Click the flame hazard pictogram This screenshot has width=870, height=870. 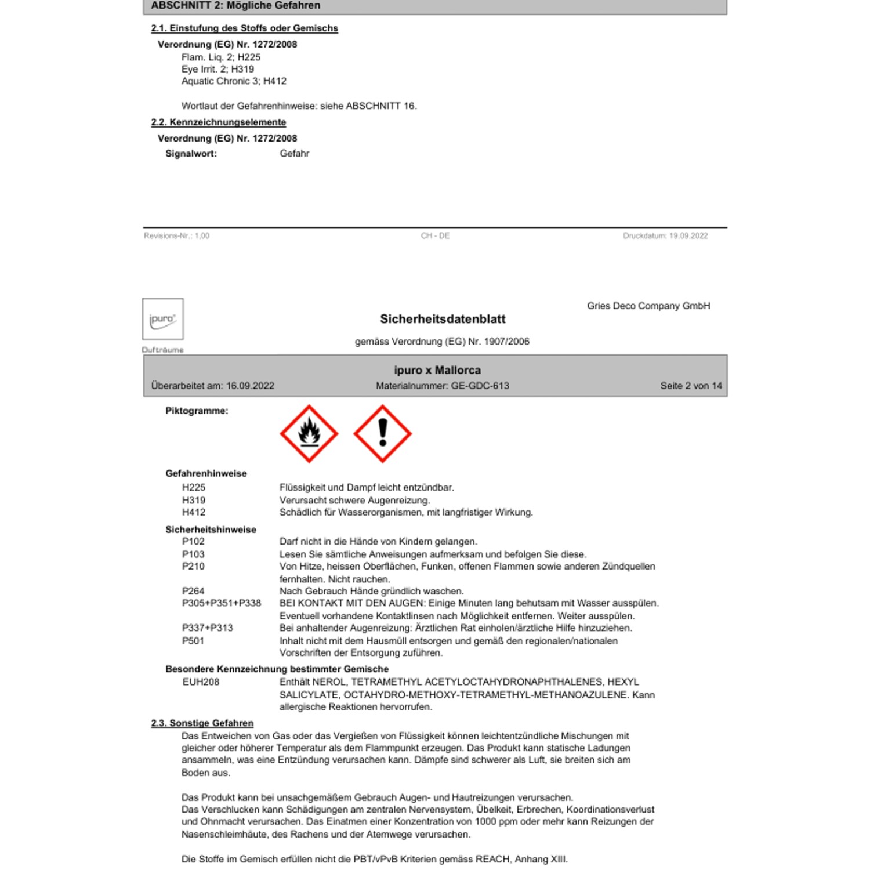(309, 434)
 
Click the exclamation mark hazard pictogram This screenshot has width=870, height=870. (382, 434)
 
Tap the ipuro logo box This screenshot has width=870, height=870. (163, 319)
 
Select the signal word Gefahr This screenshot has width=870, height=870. (294, 154)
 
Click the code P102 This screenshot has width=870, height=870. (193, 542)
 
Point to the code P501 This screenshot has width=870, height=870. (193, 641)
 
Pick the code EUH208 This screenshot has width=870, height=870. (201, 682)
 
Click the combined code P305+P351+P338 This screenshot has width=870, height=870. (221, 603)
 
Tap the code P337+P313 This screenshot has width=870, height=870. (207, 628)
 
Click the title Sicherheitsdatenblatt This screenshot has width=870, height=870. (443, 319)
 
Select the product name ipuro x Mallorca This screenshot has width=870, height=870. (437, 370)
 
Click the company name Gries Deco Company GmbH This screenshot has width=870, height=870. (648, 306)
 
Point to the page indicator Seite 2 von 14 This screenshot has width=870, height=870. (691, 386)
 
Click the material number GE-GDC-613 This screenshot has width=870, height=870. (480, 386)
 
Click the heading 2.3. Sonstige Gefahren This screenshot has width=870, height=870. (202, 723)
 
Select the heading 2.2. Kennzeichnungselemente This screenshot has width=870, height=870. (219, 122)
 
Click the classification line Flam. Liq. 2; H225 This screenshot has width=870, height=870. (221, 57)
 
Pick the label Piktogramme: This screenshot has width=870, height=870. (197, 411)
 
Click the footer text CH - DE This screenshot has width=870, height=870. (435, 236)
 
